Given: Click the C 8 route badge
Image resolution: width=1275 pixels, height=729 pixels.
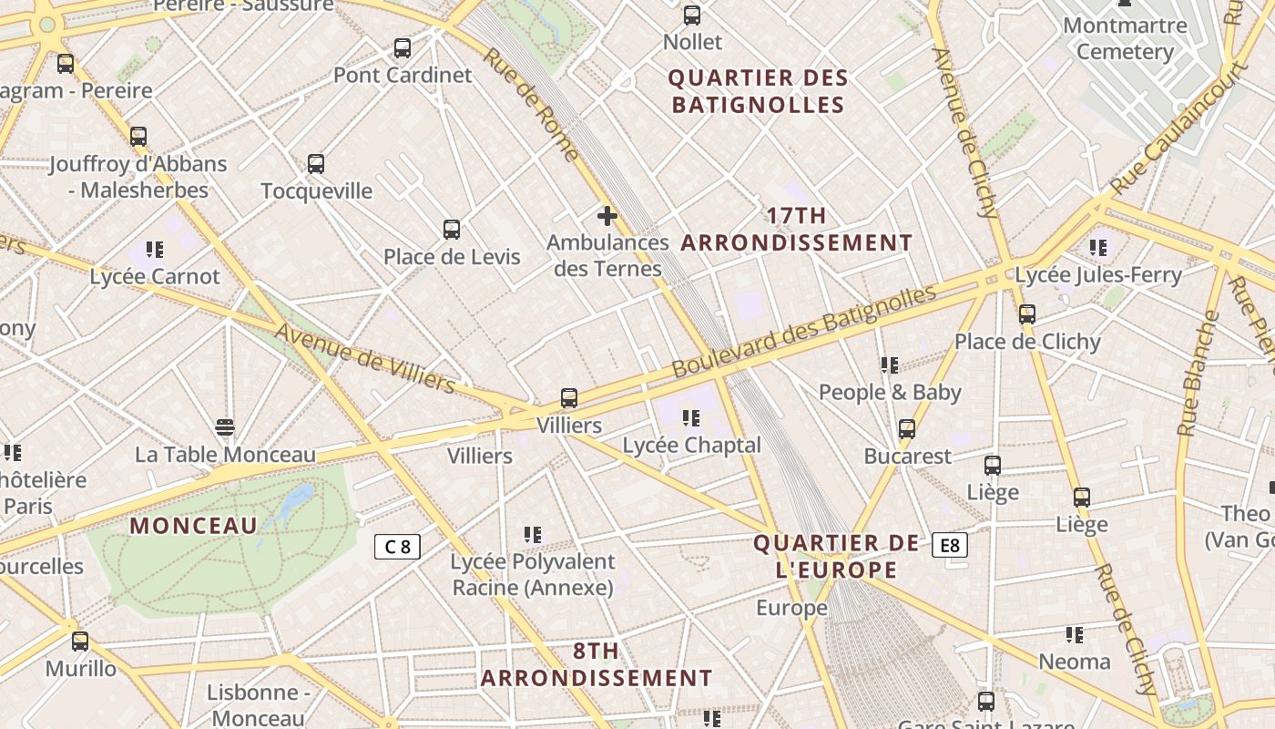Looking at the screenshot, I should point(398,547).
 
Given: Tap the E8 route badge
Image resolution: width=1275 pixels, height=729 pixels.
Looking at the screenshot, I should point(949,546).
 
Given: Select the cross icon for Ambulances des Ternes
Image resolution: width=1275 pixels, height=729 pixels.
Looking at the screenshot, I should point(607,216).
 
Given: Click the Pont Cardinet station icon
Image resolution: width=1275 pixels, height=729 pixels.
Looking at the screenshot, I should point(403,48).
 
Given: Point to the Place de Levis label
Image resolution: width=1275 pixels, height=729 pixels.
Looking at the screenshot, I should point(452,257).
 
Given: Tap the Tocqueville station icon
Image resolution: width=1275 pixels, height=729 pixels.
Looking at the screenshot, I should point(316,164).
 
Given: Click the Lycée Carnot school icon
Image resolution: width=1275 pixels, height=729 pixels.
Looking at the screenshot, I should point(155,249).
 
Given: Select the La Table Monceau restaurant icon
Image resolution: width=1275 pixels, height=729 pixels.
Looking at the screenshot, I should point(225,426).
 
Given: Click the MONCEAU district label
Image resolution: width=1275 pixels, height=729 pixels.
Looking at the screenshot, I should point(194,526).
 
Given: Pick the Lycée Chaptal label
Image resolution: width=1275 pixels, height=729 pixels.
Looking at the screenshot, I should point(691,446).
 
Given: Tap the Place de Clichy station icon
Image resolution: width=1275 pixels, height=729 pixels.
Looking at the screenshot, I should point(1027,314).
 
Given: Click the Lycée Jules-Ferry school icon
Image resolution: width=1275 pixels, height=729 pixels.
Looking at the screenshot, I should point(1098,247).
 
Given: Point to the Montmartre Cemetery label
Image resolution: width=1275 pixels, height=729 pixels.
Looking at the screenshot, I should point(1125,38).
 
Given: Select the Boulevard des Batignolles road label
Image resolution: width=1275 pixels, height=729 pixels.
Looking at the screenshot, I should point(804,332).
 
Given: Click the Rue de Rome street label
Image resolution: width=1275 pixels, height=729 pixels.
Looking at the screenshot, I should point(531,104).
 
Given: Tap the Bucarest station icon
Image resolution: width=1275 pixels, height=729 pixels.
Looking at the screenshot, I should point(907,428).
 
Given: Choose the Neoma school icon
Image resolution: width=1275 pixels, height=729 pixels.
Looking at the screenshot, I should point(1075,634).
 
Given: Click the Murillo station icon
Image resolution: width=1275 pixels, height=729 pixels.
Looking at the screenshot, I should point(80,641).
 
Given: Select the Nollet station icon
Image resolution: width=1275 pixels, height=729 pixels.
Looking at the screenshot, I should point(692,15).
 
